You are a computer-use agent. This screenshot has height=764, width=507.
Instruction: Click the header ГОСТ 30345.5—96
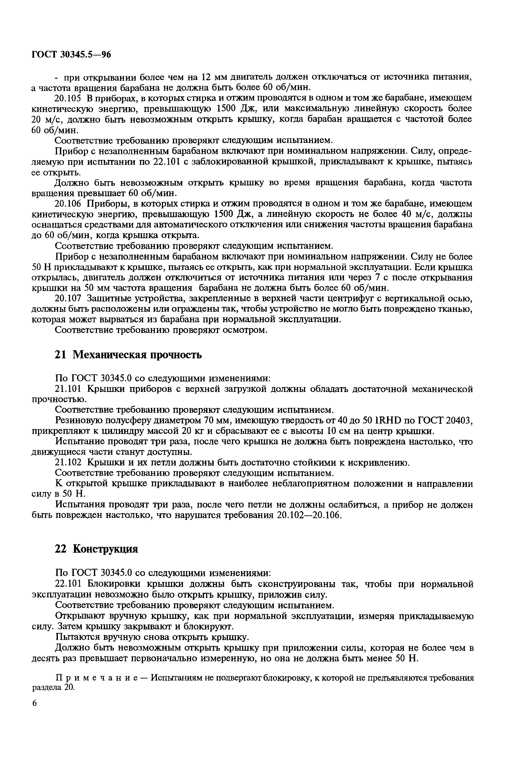click(71, 55)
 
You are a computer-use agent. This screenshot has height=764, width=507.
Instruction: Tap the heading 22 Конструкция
click(96, 549)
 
